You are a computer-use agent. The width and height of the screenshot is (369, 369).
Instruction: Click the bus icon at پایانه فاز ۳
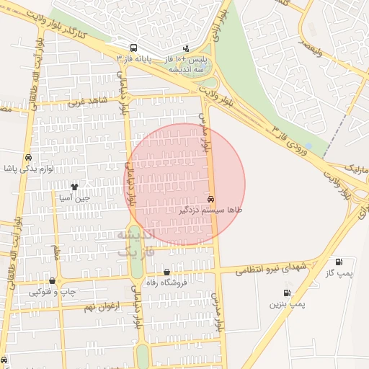[x=131, y=48]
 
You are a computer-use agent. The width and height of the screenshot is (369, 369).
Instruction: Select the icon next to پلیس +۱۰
[x=186, y=48]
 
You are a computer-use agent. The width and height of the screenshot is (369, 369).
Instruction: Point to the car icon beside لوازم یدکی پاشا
[x=27, y=157]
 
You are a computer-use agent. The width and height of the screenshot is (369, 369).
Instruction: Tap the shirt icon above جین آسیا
[x=74, y=187]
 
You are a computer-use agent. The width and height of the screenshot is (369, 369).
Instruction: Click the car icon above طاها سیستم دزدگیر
[x=210, y=198]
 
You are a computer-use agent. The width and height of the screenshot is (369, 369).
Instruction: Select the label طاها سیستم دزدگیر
[x=211, y=210]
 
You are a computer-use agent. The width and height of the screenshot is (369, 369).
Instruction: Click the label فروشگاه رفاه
[x=166, y=283]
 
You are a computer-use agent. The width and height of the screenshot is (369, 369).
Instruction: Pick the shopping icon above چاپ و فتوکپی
[x=52, y=280]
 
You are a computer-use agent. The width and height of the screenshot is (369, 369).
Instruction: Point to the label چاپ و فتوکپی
[x=52, y=292]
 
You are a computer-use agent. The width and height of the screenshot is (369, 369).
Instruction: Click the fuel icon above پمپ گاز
[x=339, y=262]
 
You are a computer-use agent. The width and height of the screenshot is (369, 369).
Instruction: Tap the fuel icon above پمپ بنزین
[x=288, y=293]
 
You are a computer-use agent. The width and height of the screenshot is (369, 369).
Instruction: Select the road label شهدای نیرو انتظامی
[x=273, y=268]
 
